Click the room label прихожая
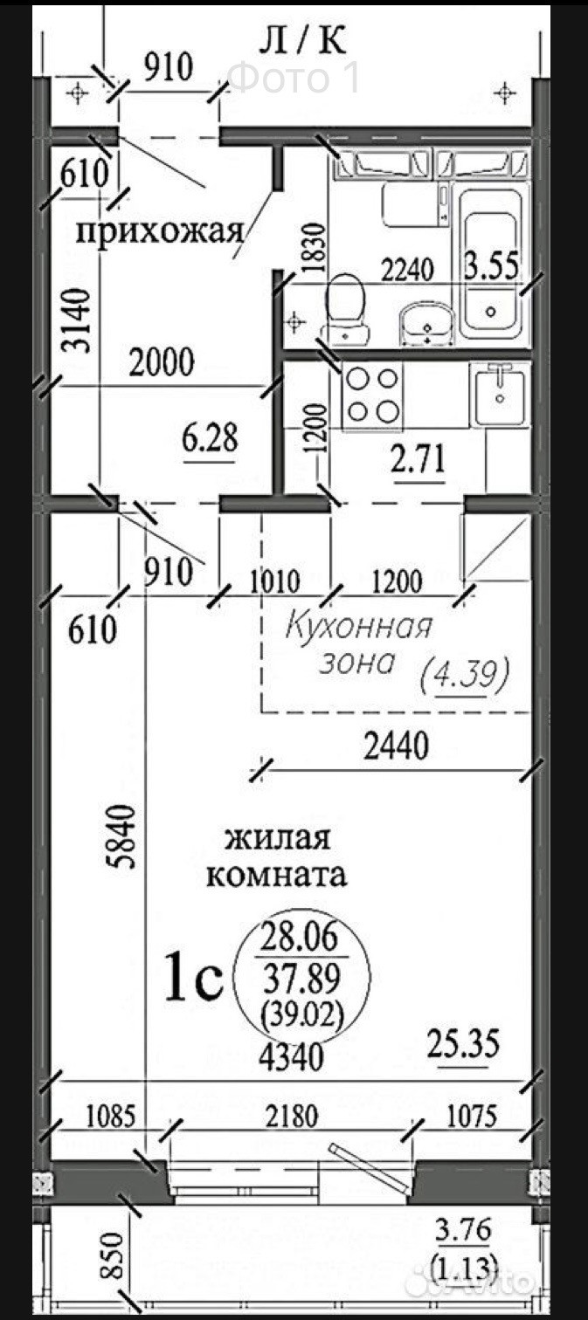pos(160,233)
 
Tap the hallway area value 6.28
pos(210,439)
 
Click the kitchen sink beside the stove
pos(500,393)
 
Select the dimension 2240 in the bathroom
pos(407,271)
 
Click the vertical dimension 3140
pos(79,320)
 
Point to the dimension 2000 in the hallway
pos(162,362)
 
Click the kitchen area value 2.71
pos(418,460)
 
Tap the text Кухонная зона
pos(358,645)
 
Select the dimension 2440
pos(396,747)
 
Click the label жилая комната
pos(276,856)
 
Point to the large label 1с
pos(193,978)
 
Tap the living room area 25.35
pos(463,1043)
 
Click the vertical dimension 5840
pos(122,836)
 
